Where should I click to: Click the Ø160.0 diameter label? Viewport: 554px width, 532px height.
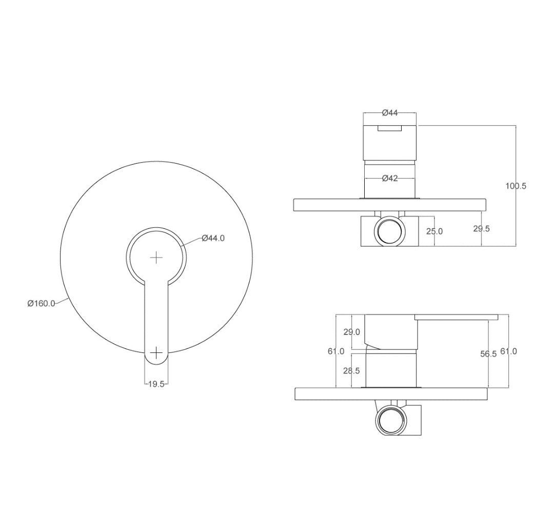coord(42,303)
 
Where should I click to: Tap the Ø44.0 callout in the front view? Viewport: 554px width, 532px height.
coord(213,238)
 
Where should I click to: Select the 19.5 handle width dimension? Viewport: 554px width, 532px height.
coord(156,384)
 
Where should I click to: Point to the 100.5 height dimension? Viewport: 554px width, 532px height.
coord(516,186)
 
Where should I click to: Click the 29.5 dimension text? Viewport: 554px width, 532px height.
coord(482,229)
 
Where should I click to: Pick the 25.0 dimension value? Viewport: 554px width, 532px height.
coord(434,231)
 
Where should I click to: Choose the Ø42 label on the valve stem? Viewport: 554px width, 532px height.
coord(390,179)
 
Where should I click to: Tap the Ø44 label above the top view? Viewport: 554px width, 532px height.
coord(390,113)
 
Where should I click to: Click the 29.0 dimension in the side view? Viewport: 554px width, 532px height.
coord(351,332)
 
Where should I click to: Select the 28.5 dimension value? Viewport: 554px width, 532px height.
coord(351,370)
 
